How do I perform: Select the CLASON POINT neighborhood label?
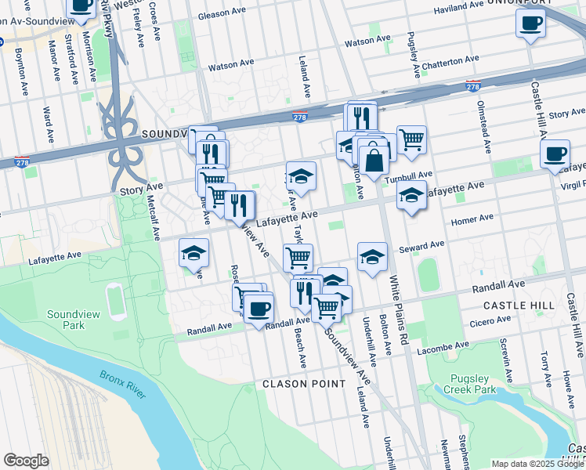point(303,384)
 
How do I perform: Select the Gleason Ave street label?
point(226,14)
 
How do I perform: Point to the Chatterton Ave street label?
point(450,60)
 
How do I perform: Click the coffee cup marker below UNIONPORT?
point(530,21)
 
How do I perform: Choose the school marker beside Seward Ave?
point(373,256)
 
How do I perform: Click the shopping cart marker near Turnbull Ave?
point(411,140)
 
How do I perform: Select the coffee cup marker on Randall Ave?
point(259,306)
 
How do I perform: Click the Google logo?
point(26,461)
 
